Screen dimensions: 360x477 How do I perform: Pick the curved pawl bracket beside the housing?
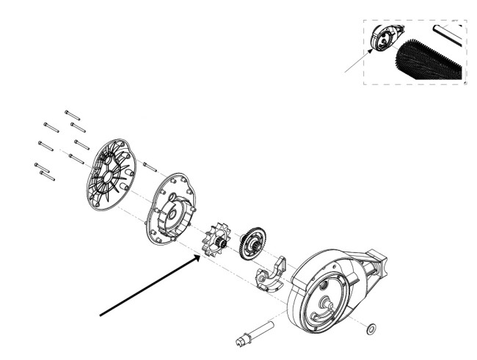pyautogui.click(x=269, y=274)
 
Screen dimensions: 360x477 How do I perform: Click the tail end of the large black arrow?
pyautogui.click(x=102, y=315)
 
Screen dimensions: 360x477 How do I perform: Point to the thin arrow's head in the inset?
pyautogui.click(x=374, y=51)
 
